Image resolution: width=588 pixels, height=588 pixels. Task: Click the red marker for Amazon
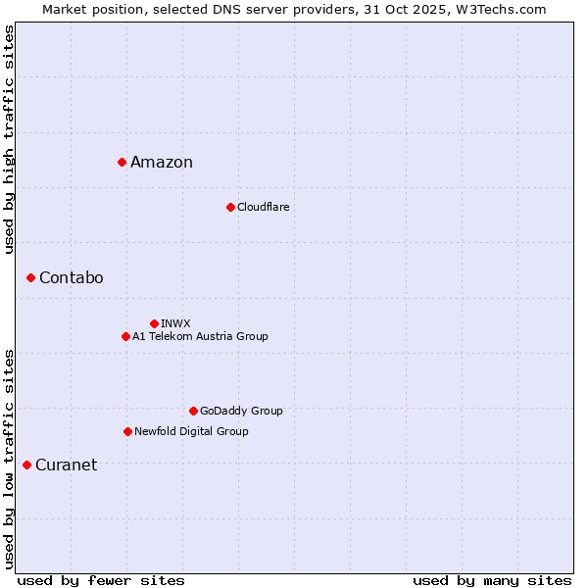[x=122, y=162]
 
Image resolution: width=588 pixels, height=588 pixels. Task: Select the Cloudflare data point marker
[x=230, y=207]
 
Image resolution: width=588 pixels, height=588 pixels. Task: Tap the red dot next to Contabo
[x=30, y=278]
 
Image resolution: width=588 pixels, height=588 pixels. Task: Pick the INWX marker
[x=154, y=323]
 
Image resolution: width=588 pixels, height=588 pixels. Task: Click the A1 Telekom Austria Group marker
[x=125, y=336]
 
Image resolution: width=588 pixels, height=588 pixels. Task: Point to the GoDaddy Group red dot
[x=193, y=411]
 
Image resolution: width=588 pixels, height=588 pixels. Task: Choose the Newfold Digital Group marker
[x=127, y=431]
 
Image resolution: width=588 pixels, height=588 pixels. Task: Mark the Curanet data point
[x=26, y=465]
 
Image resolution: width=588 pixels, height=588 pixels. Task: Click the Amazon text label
[x=162, y=163]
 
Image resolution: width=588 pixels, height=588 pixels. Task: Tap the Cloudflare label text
[x=263, y=207]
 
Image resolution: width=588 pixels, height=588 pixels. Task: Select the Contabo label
[x=71, y=278]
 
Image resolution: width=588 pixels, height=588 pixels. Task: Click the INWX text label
[x=175, y=323]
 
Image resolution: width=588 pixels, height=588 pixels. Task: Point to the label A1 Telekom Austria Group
[x=200, y=336]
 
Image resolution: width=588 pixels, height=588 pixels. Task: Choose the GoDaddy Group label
[x=241, y=411]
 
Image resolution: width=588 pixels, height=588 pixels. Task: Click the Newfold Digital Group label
[x=191, y=431]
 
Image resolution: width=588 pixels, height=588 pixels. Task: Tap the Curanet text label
[x=66, y=465]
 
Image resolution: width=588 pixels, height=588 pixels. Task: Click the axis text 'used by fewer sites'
[x=101, y=581]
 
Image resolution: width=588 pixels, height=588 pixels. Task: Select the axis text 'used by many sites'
[x=492, y=581]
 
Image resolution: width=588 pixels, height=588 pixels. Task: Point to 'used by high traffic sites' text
[x=10, y=139]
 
